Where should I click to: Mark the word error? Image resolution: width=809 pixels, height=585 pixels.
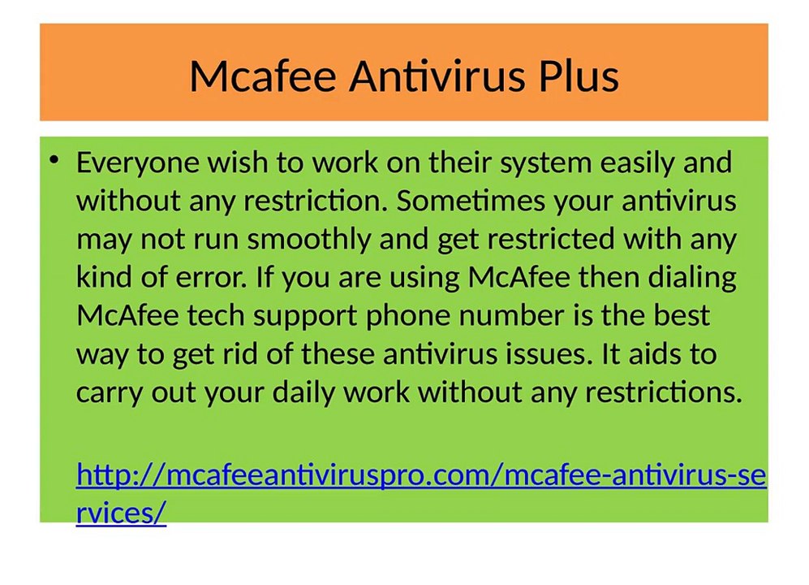tap(209, 278)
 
